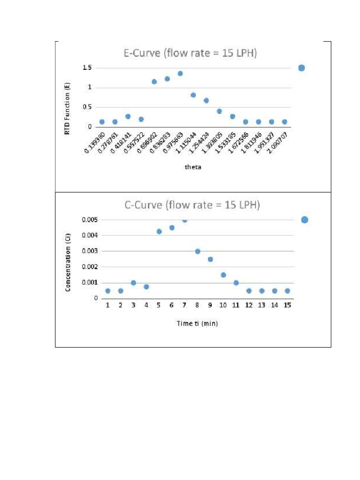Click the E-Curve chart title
point(190,53)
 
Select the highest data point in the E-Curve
point(180,74)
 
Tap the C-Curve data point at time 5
point(159,231)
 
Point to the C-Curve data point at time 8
point(198,251)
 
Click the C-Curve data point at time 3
point(133,283)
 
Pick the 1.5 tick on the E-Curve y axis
point(88,68)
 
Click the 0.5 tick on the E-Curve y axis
point(88,107)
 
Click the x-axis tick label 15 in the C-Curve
point(287,305)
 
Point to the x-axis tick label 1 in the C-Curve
point(107,305)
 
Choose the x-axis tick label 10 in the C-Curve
point(223,305)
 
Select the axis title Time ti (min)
point(197,323)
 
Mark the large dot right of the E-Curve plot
point(301,68)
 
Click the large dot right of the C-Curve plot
point(305,219)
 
